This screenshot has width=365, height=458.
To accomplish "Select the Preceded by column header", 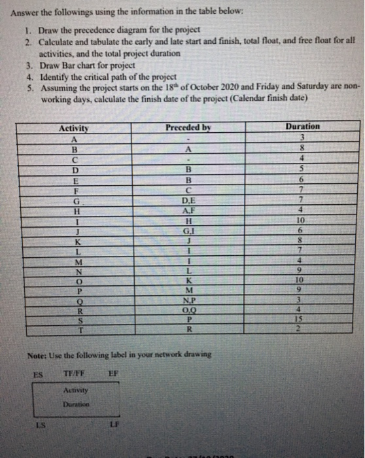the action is [x=188, y=109].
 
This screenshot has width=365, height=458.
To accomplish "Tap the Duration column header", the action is [x=302, y=107].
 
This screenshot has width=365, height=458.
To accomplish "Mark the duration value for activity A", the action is [x=302, y=118].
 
